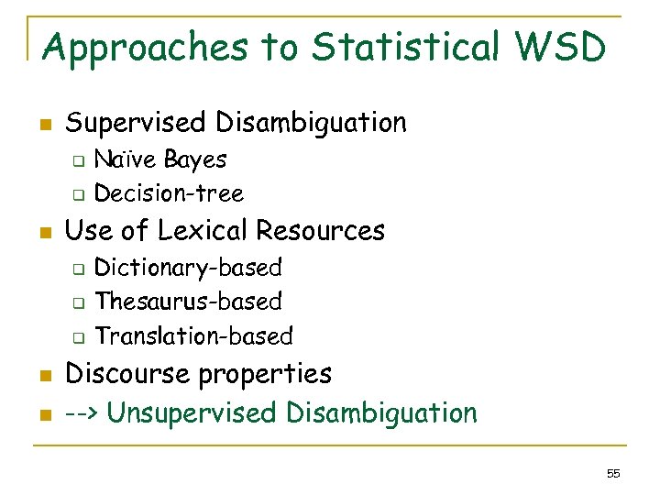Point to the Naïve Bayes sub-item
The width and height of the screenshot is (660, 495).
click(x=160, y=159)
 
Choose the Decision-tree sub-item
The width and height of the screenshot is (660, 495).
click(x=169, y=193)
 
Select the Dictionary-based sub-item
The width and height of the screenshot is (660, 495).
click(x=188, y=268)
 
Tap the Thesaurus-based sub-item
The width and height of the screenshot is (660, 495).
click(x=188, y=302)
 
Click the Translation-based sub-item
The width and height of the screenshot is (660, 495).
click(x=193, y=336)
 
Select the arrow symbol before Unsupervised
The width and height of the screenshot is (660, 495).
click(x=81, y=413)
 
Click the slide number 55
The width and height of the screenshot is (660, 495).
click(x=613, y=474)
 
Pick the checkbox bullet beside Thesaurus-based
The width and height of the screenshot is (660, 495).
click(x=79, y=302)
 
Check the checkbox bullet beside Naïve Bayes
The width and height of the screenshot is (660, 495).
click(x=79, y=161)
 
